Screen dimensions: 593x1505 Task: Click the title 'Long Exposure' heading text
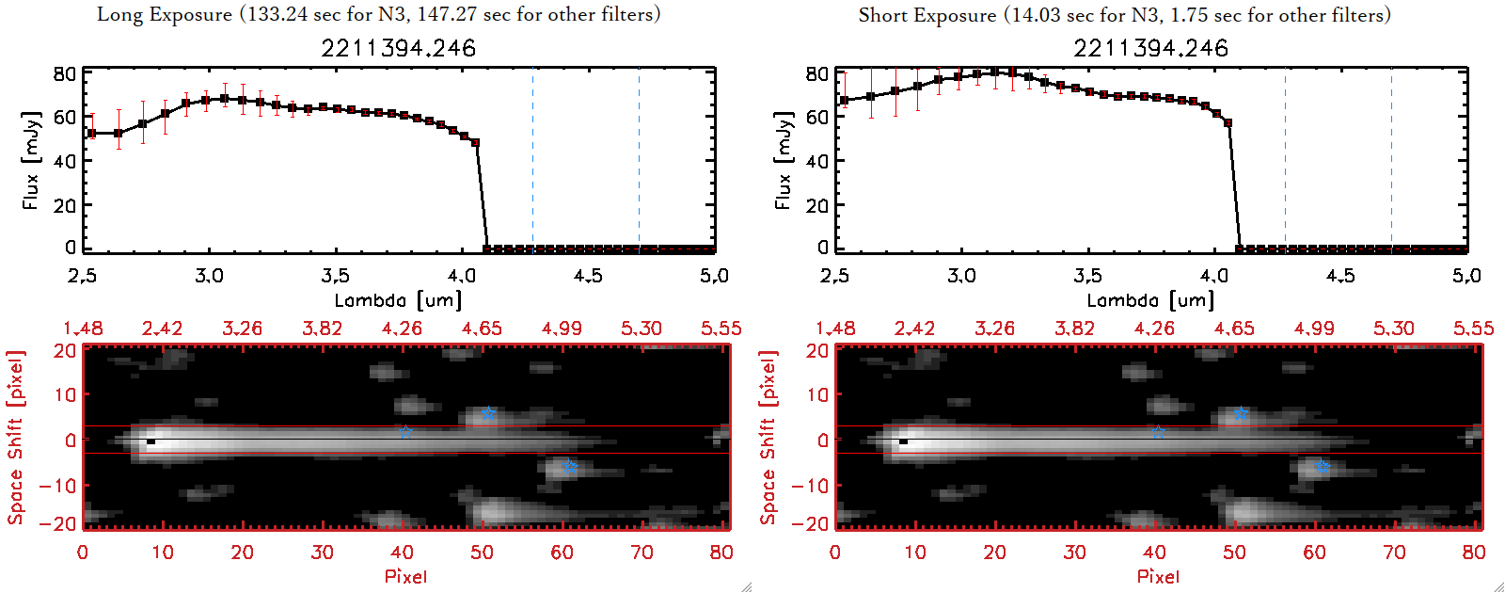click(x=165, y=14)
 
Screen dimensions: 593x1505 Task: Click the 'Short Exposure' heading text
click(x=927, y=15)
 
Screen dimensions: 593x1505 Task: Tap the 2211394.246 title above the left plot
click(x=398, y=48)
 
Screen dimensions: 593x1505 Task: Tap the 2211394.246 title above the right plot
click(x=1150, y=48)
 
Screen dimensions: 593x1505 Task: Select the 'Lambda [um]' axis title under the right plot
click(x=1150, y=300)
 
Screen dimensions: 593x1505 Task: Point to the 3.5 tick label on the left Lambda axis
click(x=335, y=276)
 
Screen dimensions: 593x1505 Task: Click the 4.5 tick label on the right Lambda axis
click(x=1340, y=276)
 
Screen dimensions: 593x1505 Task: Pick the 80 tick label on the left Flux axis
click(x=65, y=74)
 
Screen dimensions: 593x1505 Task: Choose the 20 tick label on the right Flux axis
click(x=817, y=204)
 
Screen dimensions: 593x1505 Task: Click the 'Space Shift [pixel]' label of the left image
click(x=15, y=438)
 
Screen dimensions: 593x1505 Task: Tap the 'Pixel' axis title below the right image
click(x=1158, y=576)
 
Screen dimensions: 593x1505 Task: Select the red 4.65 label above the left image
click(x=482, y=329)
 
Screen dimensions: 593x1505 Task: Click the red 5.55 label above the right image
click(x=1473, y=329)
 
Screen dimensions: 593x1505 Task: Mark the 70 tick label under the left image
click(x=642, y=553)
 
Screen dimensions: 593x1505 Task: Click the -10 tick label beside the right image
click(x=812, y=485)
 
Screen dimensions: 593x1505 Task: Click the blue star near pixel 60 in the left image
click(x=569, y=467)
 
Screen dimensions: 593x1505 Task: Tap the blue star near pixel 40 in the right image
click(x=1158, y=432)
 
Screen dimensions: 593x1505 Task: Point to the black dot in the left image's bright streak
click(x=150, y=441)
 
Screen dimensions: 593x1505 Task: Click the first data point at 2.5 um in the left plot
click(x=91, y=134)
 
